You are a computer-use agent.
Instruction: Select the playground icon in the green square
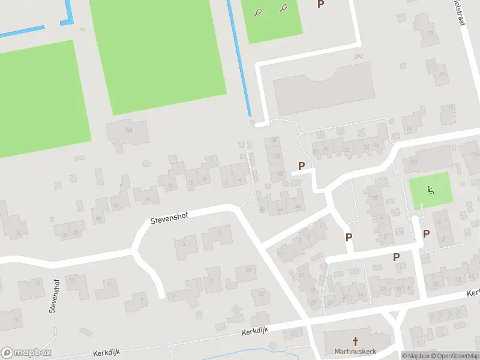click(430, 191)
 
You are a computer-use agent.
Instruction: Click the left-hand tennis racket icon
click(257, 12)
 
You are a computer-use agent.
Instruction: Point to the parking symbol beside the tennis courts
click(320, 4)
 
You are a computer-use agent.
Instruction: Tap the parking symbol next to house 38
click(301, 166)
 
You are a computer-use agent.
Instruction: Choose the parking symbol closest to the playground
click(426, 233)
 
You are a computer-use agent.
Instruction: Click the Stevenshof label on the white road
click(169, 219)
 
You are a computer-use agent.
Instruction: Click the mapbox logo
click(26, 352)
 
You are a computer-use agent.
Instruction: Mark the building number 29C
click(359, 57)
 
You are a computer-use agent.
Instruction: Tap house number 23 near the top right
click(430, 34)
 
